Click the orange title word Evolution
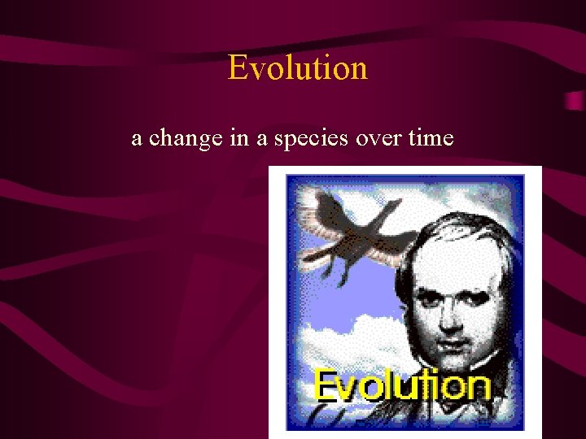coord(298,67)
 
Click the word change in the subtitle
coord(186,138)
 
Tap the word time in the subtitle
coord(431,138)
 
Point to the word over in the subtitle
coord(379,138)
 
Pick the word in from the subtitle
coord(239,138)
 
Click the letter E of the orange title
coord(237,67)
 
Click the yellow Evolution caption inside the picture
coord(402,385)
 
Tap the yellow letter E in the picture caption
coord(326,385)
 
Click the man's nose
coord(456,305)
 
